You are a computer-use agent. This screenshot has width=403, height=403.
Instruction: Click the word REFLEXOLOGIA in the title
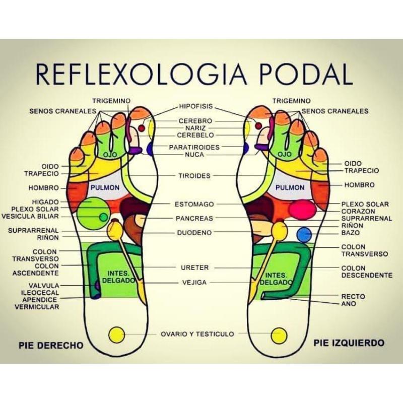coord(136,74)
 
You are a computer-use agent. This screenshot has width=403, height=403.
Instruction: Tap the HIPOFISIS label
coord(196,107)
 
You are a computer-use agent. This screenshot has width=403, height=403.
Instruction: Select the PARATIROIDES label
coord(195,147)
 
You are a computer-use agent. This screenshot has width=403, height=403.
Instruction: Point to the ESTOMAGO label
coord(194,205)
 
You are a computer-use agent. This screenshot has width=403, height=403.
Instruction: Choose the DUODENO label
coord(194,233)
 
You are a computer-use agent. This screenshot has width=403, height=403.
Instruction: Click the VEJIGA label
coord(194,283)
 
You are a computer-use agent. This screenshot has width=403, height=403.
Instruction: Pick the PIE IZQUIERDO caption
coord(349,343)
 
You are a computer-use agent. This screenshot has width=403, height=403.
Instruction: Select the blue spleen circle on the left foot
coord(304,234)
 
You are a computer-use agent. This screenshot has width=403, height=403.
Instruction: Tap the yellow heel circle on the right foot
coord(117,333)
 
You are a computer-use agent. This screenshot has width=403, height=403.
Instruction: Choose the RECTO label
coord(353,297)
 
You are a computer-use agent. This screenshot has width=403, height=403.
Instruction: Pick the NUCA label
coord(194,155)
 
